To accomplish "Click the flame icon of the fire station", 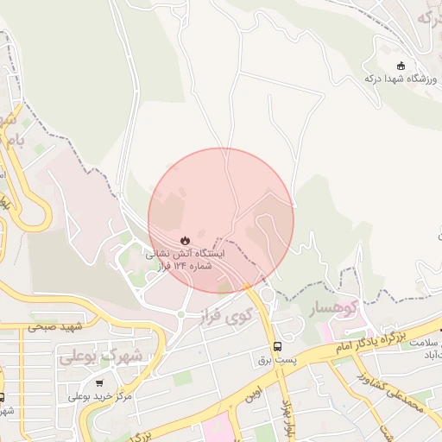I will point(185,238).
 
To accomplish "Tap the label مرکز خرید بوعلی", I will point(102,395).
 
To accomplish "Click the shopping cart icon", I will point(102,382).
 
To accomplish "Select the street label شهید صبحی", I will point(54,326).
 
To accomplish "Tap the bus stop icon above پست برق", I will point(277,346).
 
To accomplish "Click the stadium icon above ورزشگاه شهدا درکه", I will point(399,66).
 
